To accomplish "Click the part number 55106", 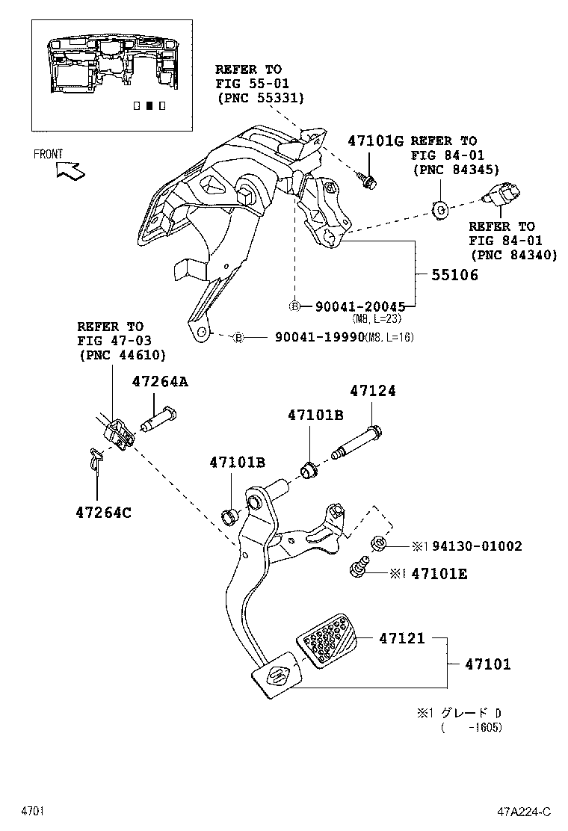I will pyautogui.click(x=454, y=275).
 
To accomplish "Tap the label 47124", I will pyautogui.click(x=374, y=391).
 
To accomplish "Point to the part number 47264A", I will pyautogui.click(x=160, y=381).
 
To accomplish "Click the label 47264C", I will pyautogui.click(x=103, y=513).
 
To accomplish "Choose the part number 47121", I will pyautogui.click(x=401, y=638).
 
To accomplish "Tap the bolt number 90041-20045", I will pyautogui.click(x=359, y=306).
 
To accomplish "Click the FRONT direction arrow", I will pyautogui.click(x=70, y=171).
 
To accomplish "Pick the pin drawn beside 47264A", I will pyautogui.click(x=158, y=420).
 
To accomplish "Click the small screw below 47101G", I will pyautogui.click(x=369, y=179).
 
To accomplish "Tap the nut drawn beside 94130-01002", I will pyautogui.click(x=378, y=544).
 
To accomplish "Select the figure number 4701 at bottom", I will pyautogui.click(x=34, y=811).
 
